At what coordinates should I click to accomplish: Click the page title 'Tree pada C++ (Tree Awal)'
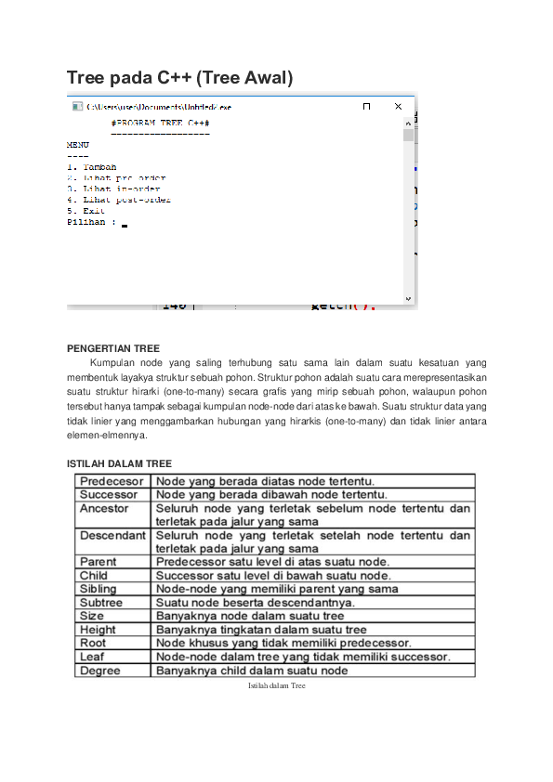pyautogui.click(x=179, y=79)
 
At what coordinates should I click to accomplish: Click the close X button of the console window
pyautogui.click(x=399, y=107)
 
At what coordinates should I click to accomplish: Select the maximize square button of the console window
pyautogui.click(x=366, y=107)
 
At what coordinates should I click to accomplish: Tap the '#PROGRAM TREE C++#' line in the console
pyautogui.click(x=160, y=123)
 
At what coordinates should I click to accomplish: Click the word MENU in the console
pyautogui.click(x=78, y=145)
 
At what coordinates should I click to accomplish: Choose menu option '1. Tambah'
pyautogui.click(x=92, y=167)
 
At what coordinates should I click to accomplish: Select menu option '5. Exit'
pyautogui.click(x=87, y=211)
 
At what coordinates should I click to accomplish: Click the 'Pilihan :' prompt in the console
pyautogui.click(x=92, y=222)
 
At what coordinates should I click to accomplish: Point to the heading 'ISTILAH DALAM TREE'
pyautogui.click(x=119, y=463)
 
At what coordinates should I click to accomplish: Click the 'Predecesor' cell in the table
pyautogui.click(x=112, y=481)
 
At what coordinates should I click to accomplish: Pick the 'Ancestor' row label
pyautogui.click(x=104, y=509)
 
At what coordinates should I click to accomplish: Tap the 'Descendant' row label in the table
pyautogui.click(x=112, y=536)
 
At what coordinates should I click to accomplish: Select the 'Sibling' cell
pyautogui.click(x=99, y=589)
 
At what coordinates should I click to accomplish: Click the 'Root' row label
pyautogui.click(x=93, y=643)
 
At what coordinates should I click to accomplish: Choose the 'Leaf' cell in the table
pyautogui.click(x=92, y=657)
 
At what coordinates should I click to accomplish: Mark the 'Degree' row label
pyautogui.click(x=100, y=671)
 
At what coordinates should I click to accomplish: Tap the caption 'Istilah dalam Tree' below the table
pyautogui.click(x=276, y=685)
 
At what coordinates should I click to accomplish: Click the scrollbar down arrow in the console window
pyautogui.click(x=408, y=299)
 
